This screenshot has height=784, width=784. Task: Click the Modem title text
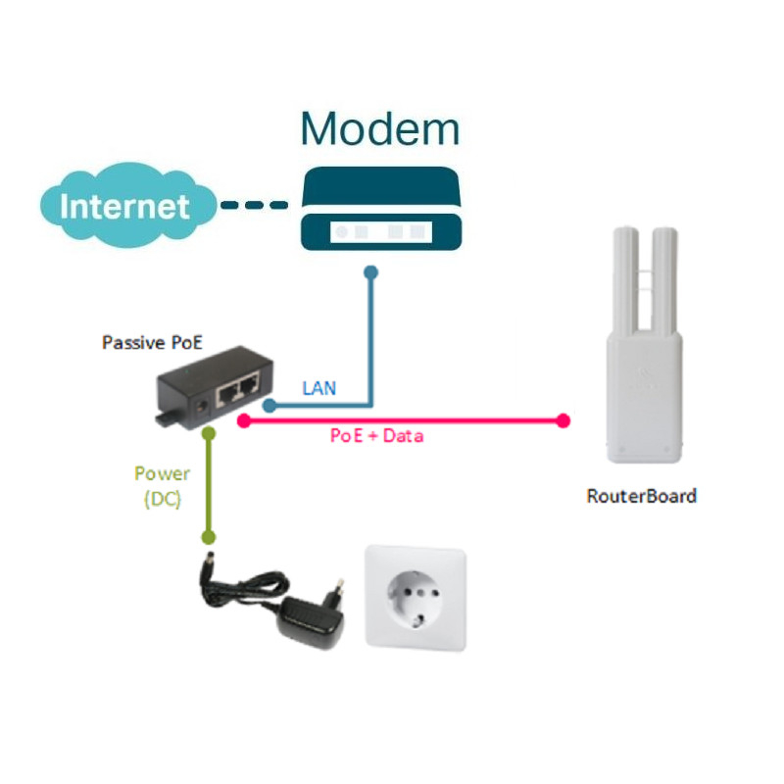click(379, 129)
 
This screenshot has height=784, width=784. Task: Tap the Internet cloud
click(127, 205)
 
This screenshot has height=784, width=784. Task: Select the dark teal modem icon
click(381, 209)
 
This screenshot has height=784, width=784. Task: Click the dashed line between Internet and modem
click(255, 205)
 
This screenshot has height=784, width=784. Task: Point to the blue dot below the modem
click(371, 272)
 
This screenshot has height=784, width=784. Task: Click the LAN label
click(319, 388)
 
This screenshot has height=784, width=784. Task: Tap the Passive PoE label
click(152, 342)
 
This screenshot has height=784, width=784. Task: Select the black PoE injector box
click(215, 387)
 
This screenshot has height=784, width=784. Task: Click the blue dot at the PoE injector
click(269, 405)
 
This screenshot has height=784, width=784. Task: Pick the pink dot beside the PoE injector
click(244, 421)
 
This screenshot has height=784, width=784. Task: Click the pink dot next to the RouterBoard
click(563, 421)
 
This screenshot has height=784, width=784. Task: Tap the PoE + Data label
click(376, 436)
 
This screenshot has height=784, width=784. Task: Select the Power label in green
click(162, 473)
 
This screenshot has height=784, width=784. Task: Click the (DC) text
click(163, 499)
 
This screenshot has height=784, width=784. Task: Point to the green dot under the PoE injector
click(209, 433)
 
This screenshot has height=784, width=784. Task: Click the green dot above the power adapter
click(209, 537)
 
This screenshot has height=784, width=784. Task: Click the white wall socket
click(416, 598)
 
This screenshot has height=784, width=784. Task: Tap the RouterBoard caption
click(642, 496)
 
